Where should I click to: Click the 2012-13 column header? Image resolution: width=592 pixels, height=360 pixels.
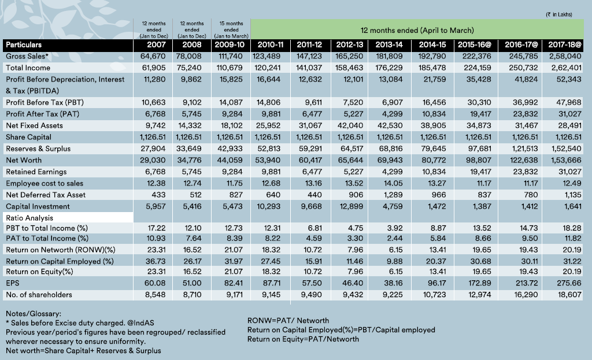point(350,45)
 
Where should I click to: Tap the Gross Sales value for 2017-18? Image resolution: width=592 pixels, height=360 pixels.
point(566,56)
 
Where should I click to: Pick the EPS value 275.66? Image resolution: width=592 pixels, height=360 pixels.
point(568,283)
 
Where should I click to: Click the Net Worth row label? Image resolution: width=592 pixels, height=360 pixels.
point(24,161)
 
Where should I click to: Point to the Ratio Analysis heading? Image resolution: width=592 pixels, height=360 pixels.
point(29,218)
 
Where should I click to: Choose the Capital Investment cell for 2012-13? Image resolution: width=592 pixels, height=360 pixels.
point(351,206)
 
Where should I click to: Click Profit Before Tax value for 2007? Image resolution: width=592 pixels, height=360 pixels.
point(153,103)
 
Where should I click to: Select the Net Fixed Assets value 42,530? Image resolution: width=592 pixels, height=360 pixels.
point(390,125)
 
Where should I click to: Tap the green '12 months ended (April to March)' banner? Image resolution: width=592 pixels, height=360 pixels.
point(417,30)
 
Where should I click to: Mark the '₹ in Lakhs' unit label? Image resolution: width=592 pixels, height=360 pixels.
point(559,14)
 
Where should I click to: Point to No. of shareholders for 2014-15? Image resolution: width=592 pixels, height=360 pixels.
point(434,295)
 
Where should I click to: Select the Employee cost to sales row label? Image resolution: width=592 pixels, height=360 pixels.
point(44,183)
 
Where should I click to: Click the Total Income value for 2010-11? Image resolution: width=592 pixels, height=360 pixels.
point(268,68)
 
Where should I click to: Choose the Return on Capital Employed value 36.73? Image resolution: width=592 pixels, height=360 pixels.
point(156,261)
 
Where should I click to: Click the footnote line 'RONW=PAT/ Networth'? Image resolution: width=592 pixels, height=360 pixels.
point(288,320)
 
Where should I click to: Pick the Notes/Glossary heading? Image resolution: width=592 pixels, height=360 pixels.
point(33,314)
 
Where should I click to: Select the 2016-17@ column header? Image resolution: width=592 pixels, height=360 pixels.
point(521,45)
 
